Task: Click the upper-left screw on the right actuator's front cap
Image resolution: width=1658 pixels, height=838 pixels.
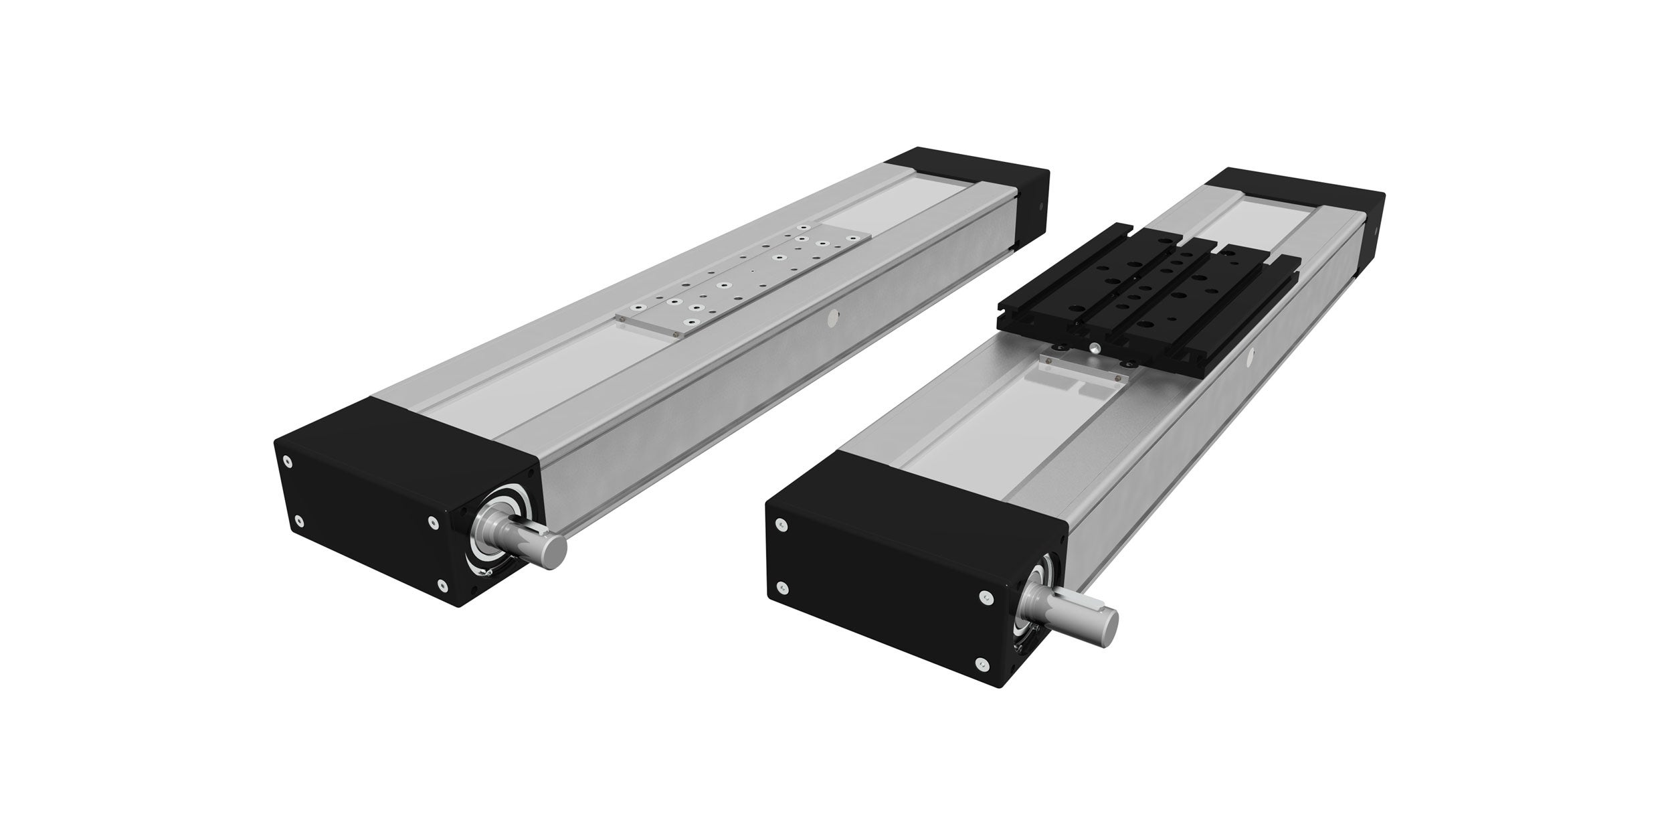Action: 779,525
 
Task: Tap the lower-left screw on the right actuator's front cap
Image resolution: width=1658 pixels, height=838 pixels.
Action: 784,588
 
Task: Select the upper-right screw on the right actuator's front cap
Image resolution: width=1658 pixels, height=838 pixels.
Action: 985,596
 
